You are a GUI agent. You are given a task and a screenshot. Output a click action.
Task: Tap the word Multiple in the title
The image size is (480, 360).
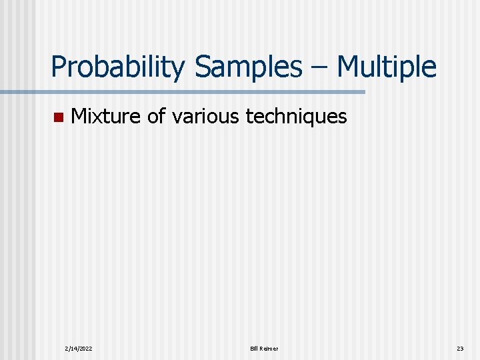pos(387,67)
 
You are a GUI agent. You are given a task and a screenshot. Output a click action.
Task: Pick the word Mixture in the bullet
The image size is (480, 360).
pos(106,117)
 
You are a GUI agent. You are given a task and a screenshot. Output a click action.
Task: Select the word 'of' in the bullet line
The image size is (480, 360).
pos(156,117)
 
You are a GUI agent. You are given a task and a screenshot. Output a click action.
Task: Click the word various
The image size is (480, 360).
pos(206,117)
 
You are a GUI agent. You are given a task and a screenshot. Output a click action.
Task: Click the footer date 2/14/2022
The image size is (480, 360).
pos(79,349)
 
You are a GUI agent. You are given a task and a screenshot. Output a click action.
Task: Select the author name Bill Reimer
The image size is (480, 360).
pos(264,349)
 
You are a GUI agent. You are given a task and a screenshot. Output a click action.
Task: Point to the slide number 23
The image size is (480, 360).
pos(459,349)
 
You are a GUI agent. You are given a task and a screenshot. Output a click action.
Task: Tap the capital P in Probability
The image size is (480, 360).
pos(59,67)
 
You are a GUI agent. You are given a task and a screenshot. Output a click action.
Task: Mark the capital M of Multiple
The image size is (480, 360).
pos(348,67)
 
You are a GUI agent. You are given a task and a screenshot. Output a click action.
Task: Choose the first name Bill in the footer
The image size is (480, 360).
pos(254,349)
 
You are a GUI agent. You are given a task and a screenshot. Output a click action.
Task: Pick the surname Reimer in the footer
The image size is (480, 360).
pos(269,349)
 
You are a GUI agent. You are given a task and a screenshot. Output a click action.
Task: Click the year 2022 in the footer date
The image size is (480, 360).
pos(86,349)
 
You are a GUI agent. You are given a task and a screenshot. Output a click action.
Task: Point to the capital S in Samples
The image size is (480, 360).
pos(203,67)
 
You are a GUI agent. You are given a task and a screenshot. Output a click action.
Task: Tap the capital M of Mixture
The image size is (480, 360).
pos(78,117)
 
